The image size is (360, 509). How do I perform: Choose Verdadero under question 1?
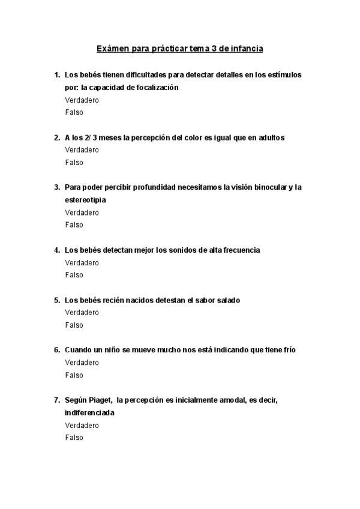82,100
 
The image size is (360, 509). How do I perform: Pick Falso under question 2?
74,163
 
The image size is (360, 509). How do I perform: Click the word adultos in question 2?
271,137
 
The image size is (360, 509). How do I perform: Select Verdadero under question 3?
82,212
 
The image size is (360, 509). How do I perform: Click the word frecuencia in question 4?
238,250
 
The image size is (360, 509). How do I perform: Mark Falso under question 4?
74,275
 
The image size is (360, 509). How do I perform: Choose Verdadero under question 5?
82,313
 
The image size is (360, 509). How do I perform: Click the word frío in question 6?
287,350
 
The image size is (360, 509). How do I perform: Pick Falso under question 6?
74,375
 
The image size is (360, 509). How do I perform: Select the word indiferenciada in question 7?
89,413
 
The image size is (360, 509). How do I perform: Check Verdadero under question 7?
82,426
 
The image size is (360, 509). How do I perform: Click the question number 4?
56,250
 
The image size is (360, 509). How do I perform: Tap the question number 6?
56,350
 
